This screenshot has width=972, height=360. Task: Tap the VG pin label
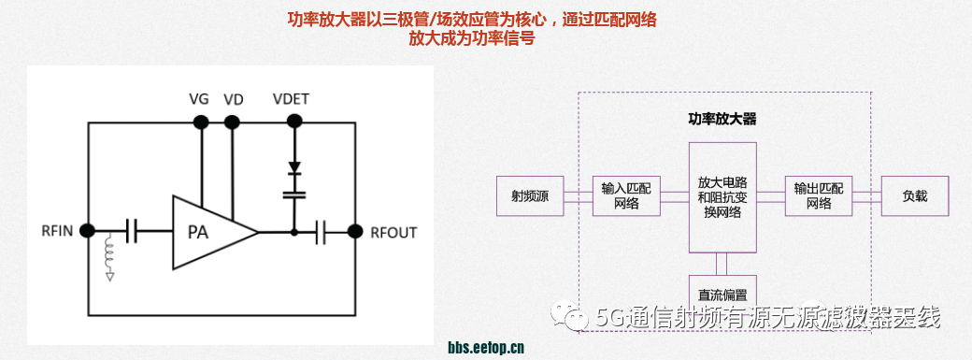pos(199,99)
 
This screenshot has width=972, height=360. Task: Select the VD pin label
pos(234,99)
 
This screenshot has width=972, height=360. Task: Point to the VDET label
pos(292,99)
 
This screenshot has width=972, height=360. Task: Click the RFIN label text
pos(59,231)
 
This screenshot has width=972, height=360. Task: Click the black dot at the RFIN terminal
pos(89,230)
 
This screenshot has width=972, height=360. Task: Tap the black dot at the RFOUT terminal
pos(355,230)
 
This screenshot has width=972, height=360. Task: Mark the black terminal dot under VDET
pos(294,121)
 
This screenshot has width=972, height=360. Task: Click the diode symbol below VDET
pos(294,169)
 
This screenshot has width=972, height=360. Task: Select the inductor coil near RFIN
pos(110,252)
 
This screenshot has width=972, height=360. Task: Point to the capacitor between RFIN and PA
pos(134,230)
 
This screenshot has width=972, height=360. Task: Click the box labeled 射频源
pos(529,196)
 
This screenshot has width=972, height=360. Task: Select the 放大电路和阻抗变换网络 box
pos(722,196)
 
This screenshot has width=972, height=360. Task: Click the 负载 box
pos(915,196)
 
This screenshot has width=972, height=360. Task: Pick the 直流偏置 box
pos(722,288)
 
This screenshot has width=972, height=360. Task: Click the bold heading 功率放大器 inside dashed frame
pos(722,119)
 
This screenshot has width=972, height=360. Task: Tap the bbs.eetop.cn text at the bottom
pos(486,347)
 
